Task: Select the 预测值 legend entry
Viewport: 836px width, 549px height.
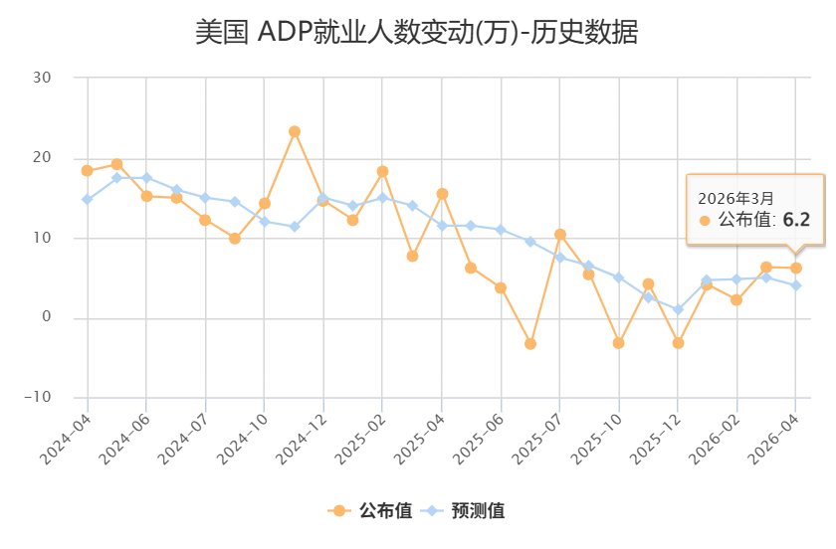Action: [465, 511]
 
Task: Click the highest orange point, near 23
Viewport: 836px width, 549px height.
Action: [294, 131]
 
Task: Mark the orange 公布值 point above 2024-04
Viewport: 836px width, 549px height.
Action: [88, 170]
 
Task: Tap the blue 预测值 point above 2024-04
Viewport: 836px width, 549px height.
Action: [88, 199]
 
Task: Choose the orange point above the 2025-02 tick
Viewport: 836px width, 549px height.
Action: [382, 171]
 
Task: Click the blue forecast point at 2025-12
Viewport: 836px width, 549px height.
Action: [678, 309]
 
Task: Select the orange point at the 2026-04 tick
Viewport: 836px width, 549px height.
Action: [795, 268]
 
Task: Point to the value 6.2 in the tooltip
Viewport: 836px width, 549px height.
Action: [797, 220]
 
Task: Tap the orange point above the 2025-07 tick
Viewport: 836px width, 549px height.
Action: [559, 235]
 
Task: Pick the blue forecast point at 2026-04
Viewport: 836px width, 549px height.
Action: [795, 285]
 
